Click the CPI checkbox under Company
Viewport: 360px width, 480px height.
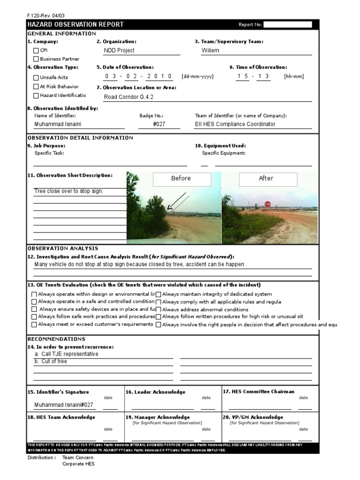tap(36, 51)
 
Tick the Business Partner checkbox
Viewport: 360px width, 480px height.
tap(36, 59)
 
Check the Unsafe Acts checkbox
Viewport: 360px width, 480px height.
tap(36, 77)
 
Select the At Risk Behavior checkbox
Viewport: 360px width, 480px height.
tap(36, 87)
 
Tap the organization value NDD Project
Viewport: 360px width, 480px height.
tap(119, 51)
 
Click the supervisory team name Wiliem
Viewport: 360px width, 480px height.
tap(210, 51)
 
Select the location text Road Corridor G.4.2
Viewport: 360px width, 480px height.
tap(128, 97)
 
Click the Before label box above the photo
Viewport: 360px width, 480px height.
tap(181, 179)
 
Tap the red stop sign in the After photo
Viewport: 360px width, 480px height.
tap(267, 204)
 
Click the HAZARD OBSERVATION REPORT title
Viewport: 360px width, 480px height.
tap(75, 24)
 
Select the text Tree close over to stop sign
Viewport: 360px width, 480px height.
tap(68, 191)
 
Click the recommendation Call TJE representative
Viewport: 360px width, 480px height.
tap(70, 354)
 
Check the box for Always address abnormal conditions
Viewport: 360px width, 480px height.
tap(158, 309)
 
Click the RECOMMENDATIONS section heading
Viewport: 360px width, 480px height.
tap(56, 339)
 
